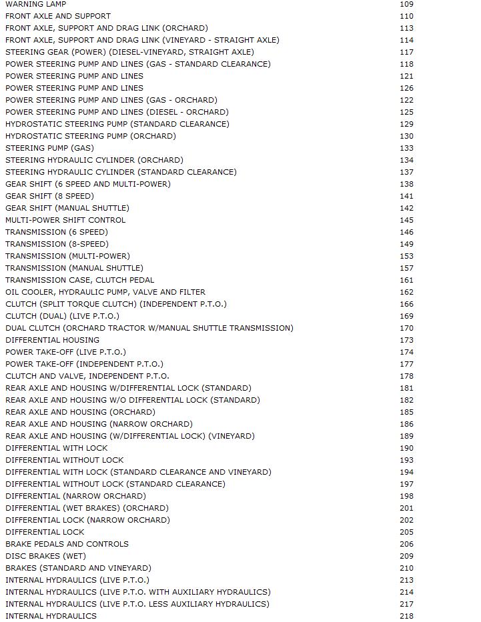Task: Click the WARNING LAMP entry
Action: (35, 4)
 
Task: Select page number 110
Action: (406, 16)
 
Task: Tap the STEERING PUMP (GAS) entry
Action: (49, 148)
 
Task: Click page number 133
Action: (406, 148)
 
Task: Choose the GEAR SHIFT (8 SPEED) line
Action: (49, 196)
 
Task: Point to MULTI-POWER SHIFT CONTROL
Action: (65, 220)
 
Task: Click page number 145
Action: (406, 220)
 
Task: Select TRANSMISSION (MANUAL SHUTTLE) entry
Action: (74, 268)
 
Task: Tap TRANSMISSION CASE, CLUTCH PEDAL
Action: (79, 280)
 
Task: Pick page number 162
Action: (406, 292)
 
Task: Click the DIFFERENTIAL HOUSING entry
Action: (52, 340)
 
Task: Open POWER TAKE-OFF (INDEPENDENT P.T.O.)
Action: (84, 364)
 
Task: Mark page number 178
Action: (406, 376)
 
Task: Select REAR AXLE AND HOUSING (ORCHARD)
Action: (80, 412)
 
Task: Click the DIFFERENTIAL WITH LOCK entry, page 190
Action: (56, 448)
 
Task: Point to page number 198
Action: (406, 496)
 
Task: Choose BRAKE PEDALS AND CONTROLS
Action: (67, 544)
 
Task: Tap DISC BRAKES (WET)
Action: (45, 556)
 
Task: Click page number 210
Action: (406, 568)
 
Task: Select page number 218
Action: (406, 616)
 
